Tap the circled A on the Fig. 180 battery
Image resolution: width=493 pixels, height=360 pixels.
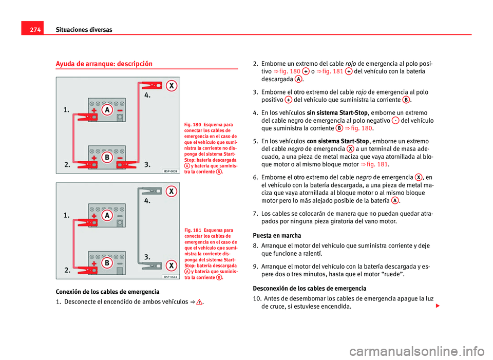click(x=107, y=111)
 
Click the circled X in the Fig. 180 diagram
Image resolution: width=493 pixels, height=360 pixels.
click(x=171, y=86)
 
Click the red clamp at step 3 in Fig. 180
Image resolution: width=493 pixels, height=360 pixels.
click(x=128, y=165)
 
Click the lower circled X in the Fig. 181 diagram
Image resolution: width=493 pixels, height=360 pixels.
click(x=172, y=265)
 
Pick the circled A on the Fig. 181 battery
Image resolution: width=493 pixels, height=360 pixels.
click(x=107, y=216)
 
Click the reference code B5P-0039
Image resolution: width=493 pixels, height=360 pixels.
click(x=171, y=172)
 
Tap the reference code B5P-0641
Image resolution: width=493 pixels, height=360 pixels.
click(x=171, y=276)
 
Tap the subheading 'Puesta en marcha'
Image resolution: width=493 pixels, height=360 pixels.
click(x=277, y=235)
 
